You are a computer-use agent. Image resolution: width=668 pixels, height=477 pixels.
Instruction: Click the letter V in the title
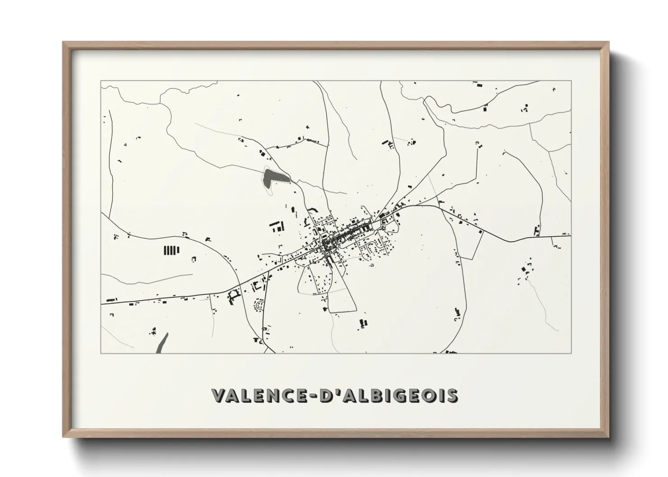point(219,395)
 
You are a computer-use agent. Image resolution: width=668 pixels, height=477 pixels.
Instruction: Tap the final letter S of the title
point(452,395)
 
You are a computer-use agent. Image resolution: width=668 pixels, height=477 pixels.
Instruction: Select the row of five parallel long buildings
point(171,250)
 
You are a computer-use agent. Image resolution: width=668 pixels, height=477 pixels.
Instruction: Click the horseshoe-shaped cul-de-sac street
point(260,307)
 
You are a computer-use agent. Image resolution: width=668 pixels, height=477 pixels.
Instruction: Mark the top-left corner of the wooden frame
point(64,43)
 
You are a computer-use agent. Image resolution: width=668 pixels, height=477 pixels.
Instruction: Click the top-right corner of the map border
point(571,81)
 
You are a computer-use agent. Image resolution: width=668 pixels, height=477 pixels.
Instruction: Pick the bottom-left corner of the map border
point(101,353)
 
